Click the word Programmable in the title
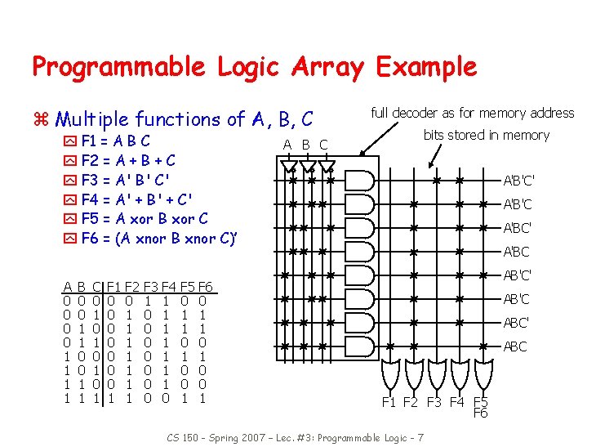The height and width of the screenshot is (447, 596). (123, 67)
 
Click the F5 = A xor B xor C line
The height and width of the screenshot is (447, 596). (145, 218)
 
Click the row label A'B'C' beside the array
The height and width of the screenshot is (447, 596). (518, 181)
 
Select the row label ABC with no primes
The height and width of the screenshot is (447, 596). (515, 346)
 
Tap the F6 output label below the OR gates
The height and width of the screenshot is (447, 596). (481, 413)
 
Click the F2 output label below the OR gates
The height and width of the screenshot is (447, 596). (413, 402)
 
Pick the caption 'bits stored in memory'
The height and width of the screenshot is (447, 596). (486, 135)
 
